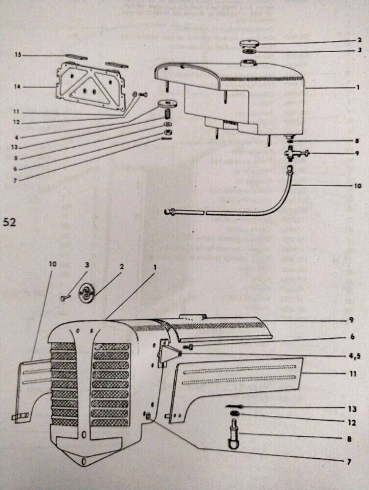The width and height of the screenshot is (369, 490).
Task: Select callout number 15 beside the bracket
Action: (18, 55)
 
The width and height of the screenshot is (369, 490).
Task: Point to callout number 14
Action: (18, 87)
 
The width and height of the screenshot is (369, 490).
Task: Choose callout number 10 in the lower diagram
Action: (53, 264)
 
